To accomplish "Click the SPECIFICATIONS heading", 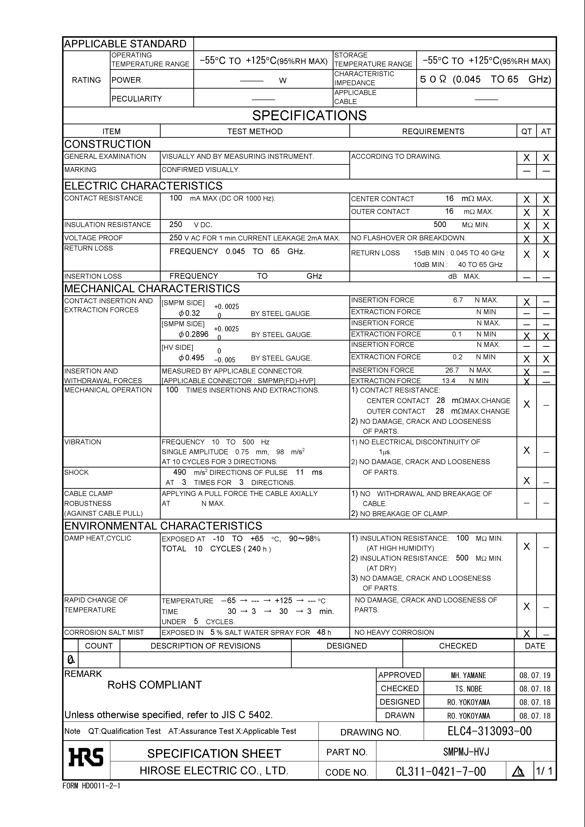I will [309, 116].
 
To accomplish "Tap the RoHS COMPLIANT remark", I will [155, 685].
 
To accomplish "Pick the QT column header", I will [526, 132].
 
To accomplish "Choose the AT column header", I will [546, 132].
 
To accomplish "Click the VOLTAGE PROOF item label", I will [93, 238].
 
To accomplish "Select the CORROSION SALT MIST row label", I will [104, 632].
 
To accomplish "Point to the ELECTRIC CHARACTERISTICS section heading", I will [143, 186].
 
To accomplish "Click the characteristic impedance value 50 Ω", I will [433, 79].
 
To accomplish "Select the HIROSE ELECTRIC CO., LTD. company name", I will [214, 771].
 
